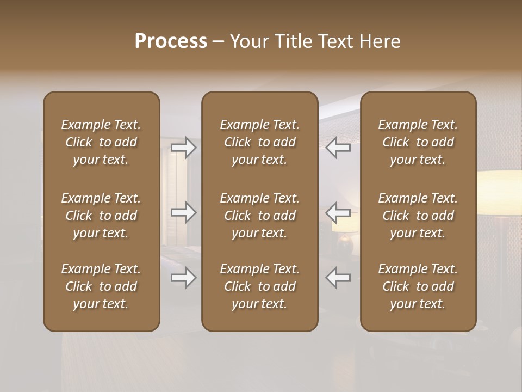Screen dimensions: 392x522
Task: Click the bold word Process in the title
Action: point(171,41)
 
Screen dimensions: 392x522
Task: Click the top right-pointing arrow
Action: point(183,147)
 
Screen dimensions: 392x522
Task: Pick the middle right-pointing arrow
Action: point(183,212)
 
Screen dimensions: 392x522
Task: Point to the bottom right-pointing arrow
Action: point(183,278)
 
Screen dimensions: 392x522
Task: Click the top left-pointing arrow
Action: point(338,147)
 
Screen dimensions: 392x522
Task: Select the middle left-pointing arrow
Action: point(338,212)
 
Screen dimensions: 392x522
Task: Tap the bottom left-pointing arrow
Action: point(338,278)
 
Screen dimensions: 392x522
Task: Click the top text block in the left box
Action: point(101,142)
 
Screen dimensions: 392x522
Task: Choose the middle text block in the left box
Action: point(101,216)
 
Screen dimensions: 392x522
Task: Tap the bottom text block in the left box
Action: point(101,286)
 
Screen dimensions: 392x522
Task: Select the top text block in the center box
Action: point(259,142)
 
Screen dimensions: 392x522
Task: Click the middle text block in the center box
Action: point(259,216)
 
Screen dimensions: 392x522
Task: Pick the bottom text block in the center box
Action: point(259,286)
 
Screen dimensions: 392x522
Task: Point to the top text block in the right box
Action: point(418,142)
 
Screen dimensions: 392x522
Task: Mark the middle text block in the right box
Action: point(418,216)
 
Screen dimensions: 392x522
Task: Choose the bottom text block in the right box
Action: point(418,286)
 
